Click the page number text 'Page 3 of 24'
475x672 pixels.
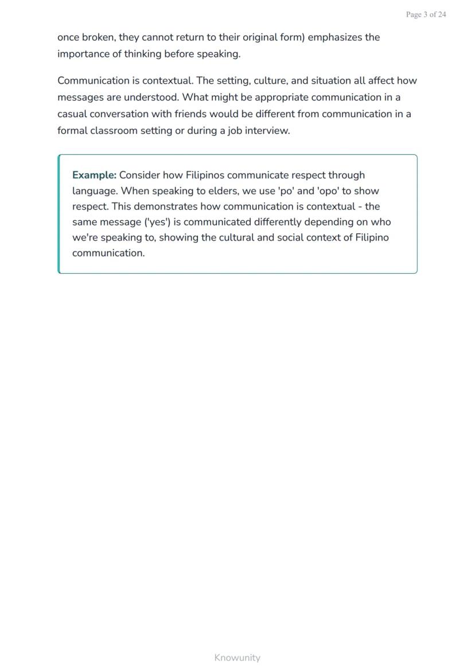(x=426, y=15)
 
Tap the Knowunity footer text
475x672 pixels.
(x=237, y=658)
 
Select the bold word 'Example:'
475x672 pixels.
(x=94, y=175)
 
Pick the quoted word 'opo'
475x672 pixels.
(x=328, y=191)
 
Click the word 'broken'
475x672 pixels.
(x=98, y=37)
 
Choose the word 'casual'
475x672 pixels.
(x=72, y=114)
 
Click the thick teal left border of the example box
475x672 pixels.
(x=59, y=213)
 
